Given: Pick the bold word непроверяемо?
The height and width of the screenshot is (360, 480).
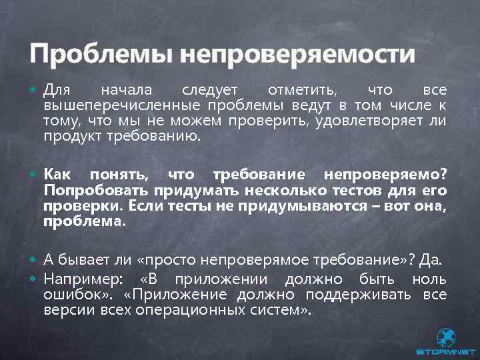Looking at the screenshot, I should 386,175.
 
